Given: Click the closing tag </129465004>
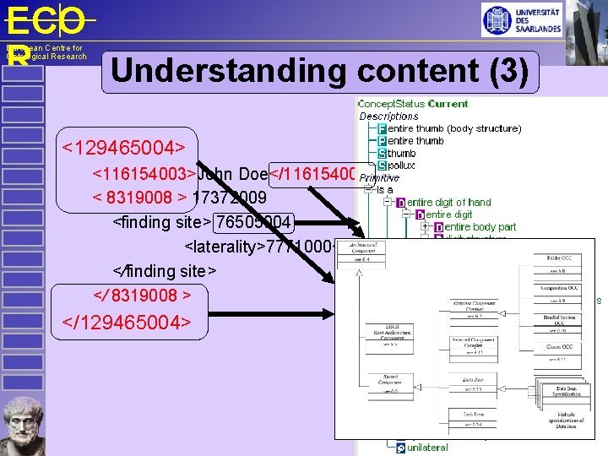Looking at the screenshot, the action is point(127,322).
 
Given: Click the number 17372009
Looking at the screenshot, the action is point(230,198).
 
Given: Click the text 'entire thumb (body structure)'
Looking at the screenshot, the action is point(454,128).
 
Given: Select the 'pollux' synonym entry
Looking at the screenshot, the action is point(401,166).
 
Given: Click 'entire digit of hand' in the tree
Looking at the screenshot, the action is point(448,203).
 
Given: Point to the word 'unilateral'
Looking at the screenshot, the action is point(427,447).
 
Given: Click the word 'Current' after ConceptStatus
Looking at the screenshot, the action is point(448,104).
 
